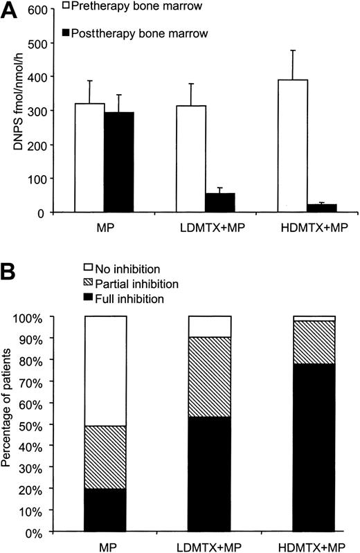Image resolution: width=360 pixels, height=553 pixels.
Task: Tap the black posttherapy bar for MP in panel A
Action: click(118, 162)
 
